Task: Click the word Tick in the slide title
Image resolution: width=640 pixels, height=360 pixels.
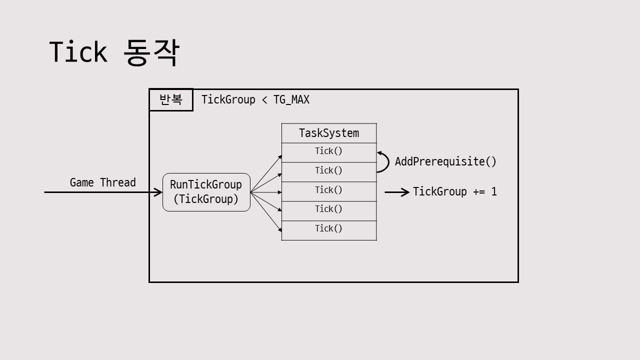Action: (x=78, y=52)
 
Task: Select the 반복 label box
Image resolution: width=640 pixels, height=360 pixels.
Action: (x=171, y=99)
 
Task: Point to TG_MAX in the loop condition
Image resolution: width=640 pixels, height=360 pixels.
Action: (x=291, y=100)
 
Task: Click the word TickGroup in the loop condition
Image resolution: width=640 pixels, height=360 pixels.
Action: (x=228, y=100)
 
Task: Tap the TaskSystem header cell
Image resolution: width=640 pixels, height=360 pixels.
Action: (x=329, y=133)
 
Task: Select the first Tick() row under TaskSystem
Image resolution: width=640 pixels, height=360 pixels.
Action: (x=329, y=151)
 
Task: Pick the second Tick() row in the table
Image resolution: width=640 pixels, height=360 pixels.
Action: (x=329, y=171)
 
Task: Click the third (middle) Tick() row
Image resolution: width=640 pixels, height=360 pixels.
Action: (x=329, y=190)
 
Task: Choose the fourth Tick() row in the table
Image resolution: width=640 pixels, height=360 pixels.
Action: (x=329, y=209)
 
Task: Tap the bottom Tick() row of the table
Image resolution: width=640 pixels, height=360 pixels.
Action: (x=329, y=229)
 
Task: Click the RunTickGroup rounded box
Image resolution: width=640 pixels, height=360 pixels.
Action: (x=206, y=192)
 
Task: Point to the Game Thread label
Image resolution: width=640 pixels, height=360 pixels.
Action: (x=102, y=183)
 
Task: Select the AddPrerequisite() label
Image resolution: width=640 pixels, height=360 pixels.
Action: (x=445, y=161)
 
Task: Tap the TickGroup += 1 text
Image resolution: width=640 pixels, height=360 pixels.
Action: (x=454, y=192)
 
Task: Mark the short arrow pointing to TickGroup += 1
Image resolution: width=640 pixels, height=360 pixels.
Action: (x=397, y=192)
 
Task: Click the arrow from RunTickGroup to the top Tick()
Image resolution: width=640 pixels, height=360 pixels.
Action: (x=266, y=174)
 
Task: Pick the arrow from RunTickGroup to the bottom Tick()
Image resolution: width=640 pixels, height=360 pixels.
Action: (x=266, y=211)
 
